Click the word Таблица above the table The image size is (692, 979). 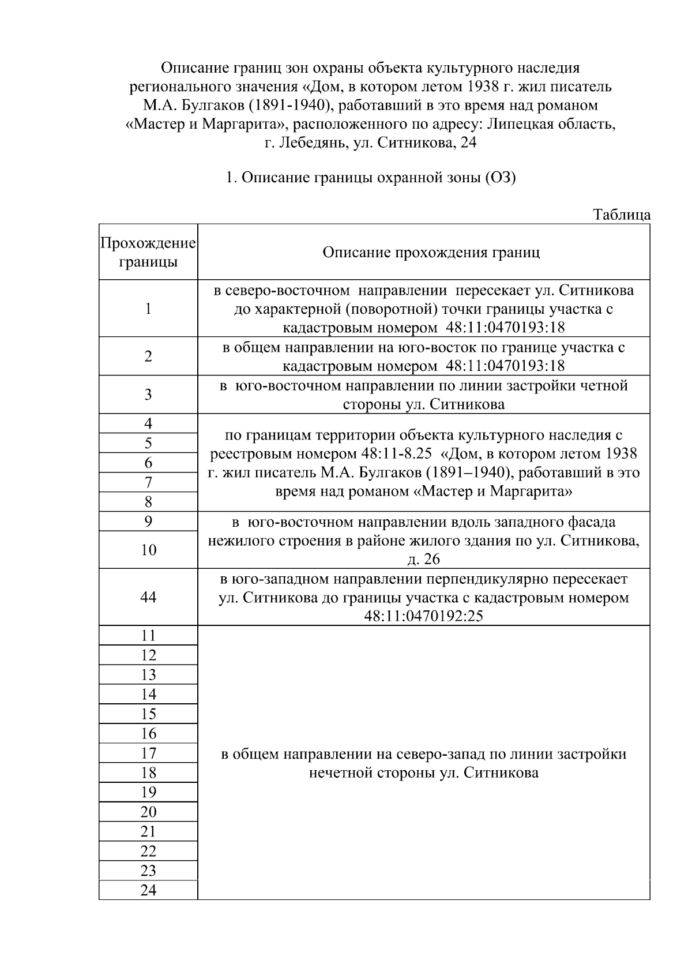tap(622, 215)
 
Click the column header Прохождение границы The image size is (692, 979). tap(148, 252)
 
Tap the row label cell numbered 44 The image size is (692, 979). tap(148, 597)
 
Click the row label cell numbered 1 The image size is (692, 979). tap(148, 309)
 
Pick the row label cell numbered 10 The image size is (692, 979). tap(148, 550)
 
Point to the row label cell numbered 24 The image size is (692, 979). tap(148, 890)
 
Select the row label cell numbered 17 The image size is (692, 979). tap(148, 753)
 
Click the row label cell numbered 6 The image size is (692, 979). tap(148, 463)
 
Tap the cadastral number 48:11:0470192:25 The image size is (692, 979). tap(423, 616)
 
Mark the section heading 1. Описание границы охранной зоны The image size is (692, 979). tap(370, 177)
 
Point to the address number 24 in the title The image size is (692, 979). tap(468, 143)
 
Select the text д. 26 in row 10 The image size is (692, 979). tap(423, 559)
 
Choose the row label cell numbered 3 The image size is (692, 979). tap(148, 395)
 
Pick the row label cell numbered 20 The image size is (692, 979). tap(148, 812)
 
